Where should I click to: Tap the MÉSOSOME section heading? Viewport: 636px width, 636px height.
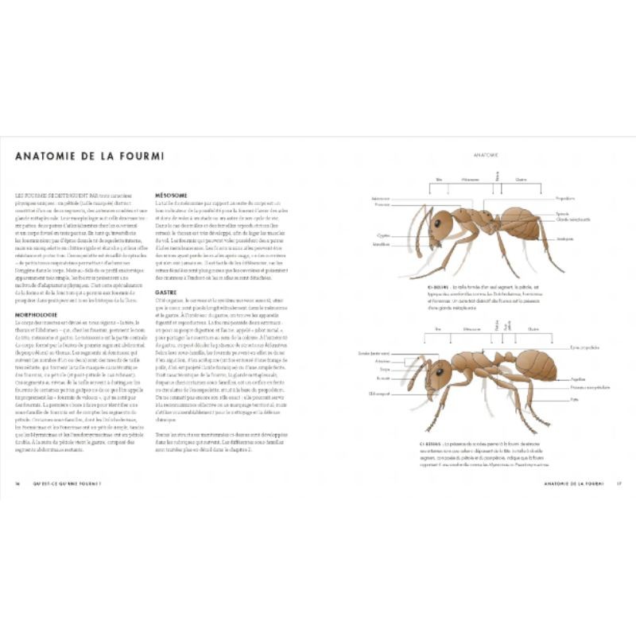click(171, 193)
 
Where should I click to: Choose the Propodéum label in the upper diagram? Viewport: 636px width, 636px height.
click(565, 199)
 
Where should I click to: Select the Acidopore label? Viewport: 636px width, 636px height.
click(566, 238)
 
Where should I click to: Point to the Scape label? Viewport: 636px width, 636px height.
click(384, 369)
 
